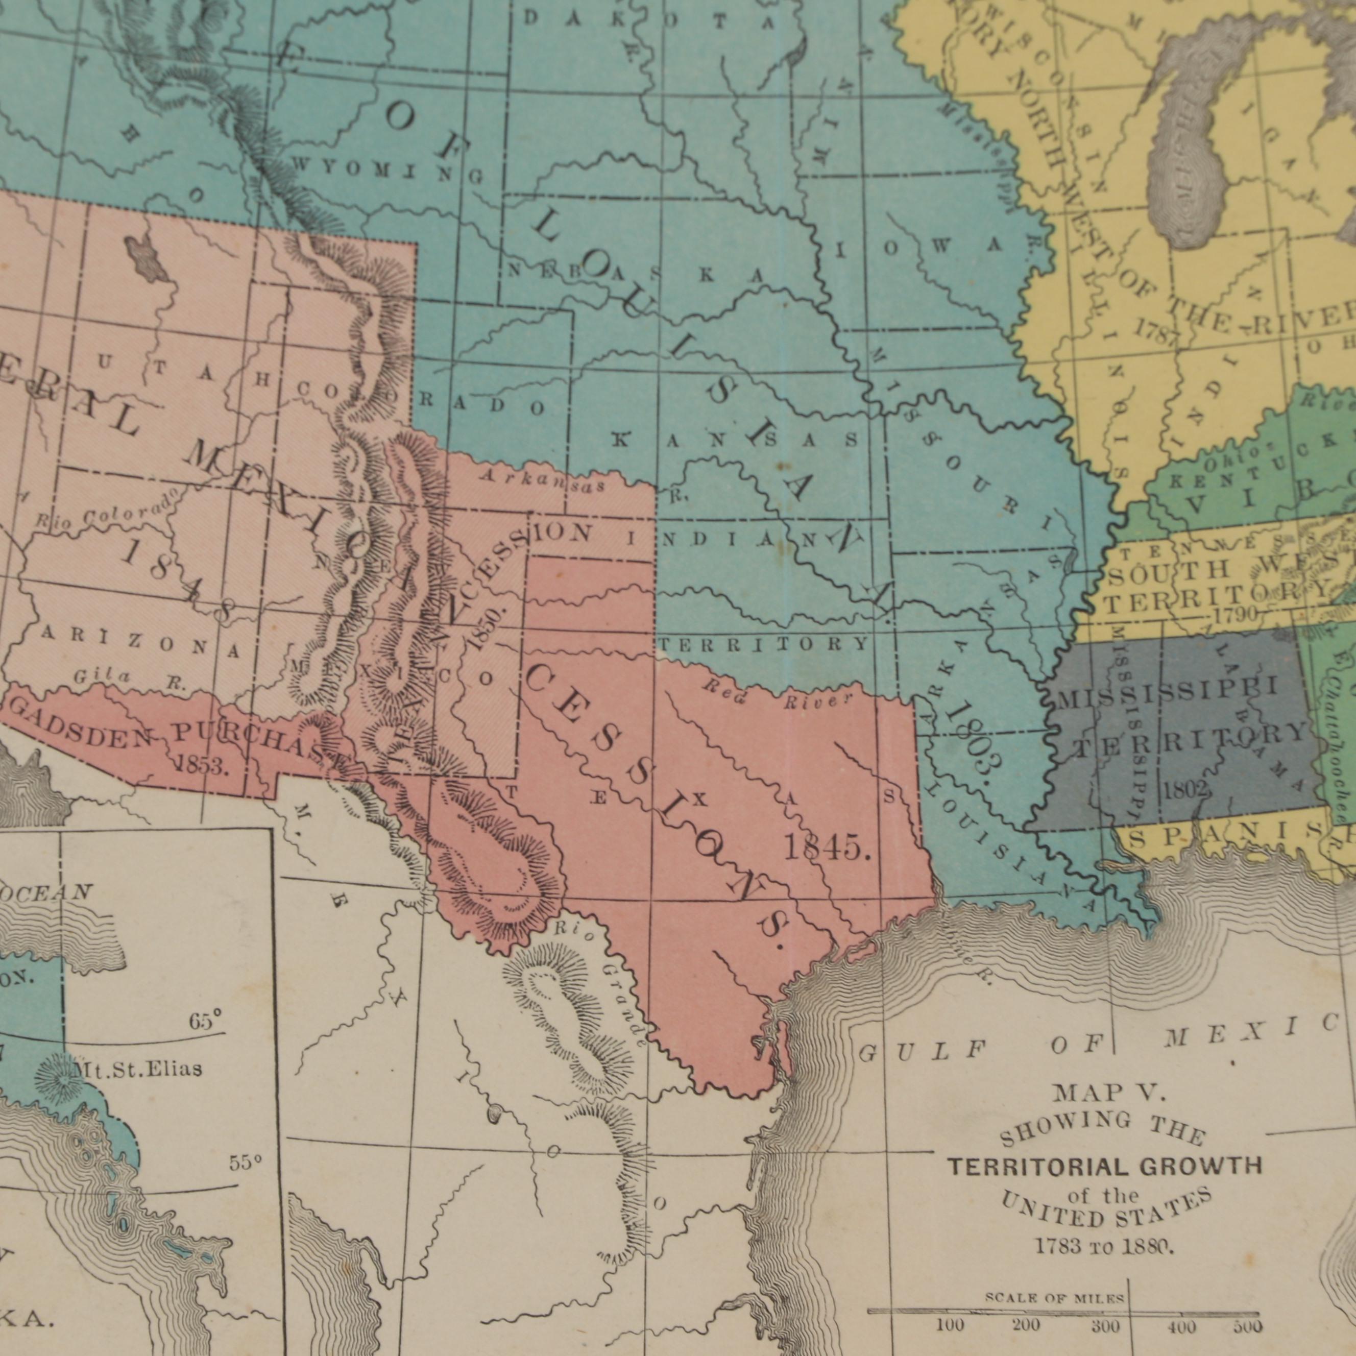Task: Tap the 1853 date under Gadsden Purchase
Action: coord(201,765)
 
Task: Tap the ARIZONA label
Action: coord(141,642)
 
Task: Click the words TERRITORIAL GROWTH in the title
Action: coord(1105,1167)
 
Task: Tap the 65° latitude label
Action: coord(205,1020)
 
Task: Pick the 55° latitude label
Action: coord(246,1163)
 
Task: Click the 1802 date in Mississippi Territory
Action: coord(1185,789)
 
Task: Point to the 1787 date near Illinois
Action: coord(1156,331)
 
